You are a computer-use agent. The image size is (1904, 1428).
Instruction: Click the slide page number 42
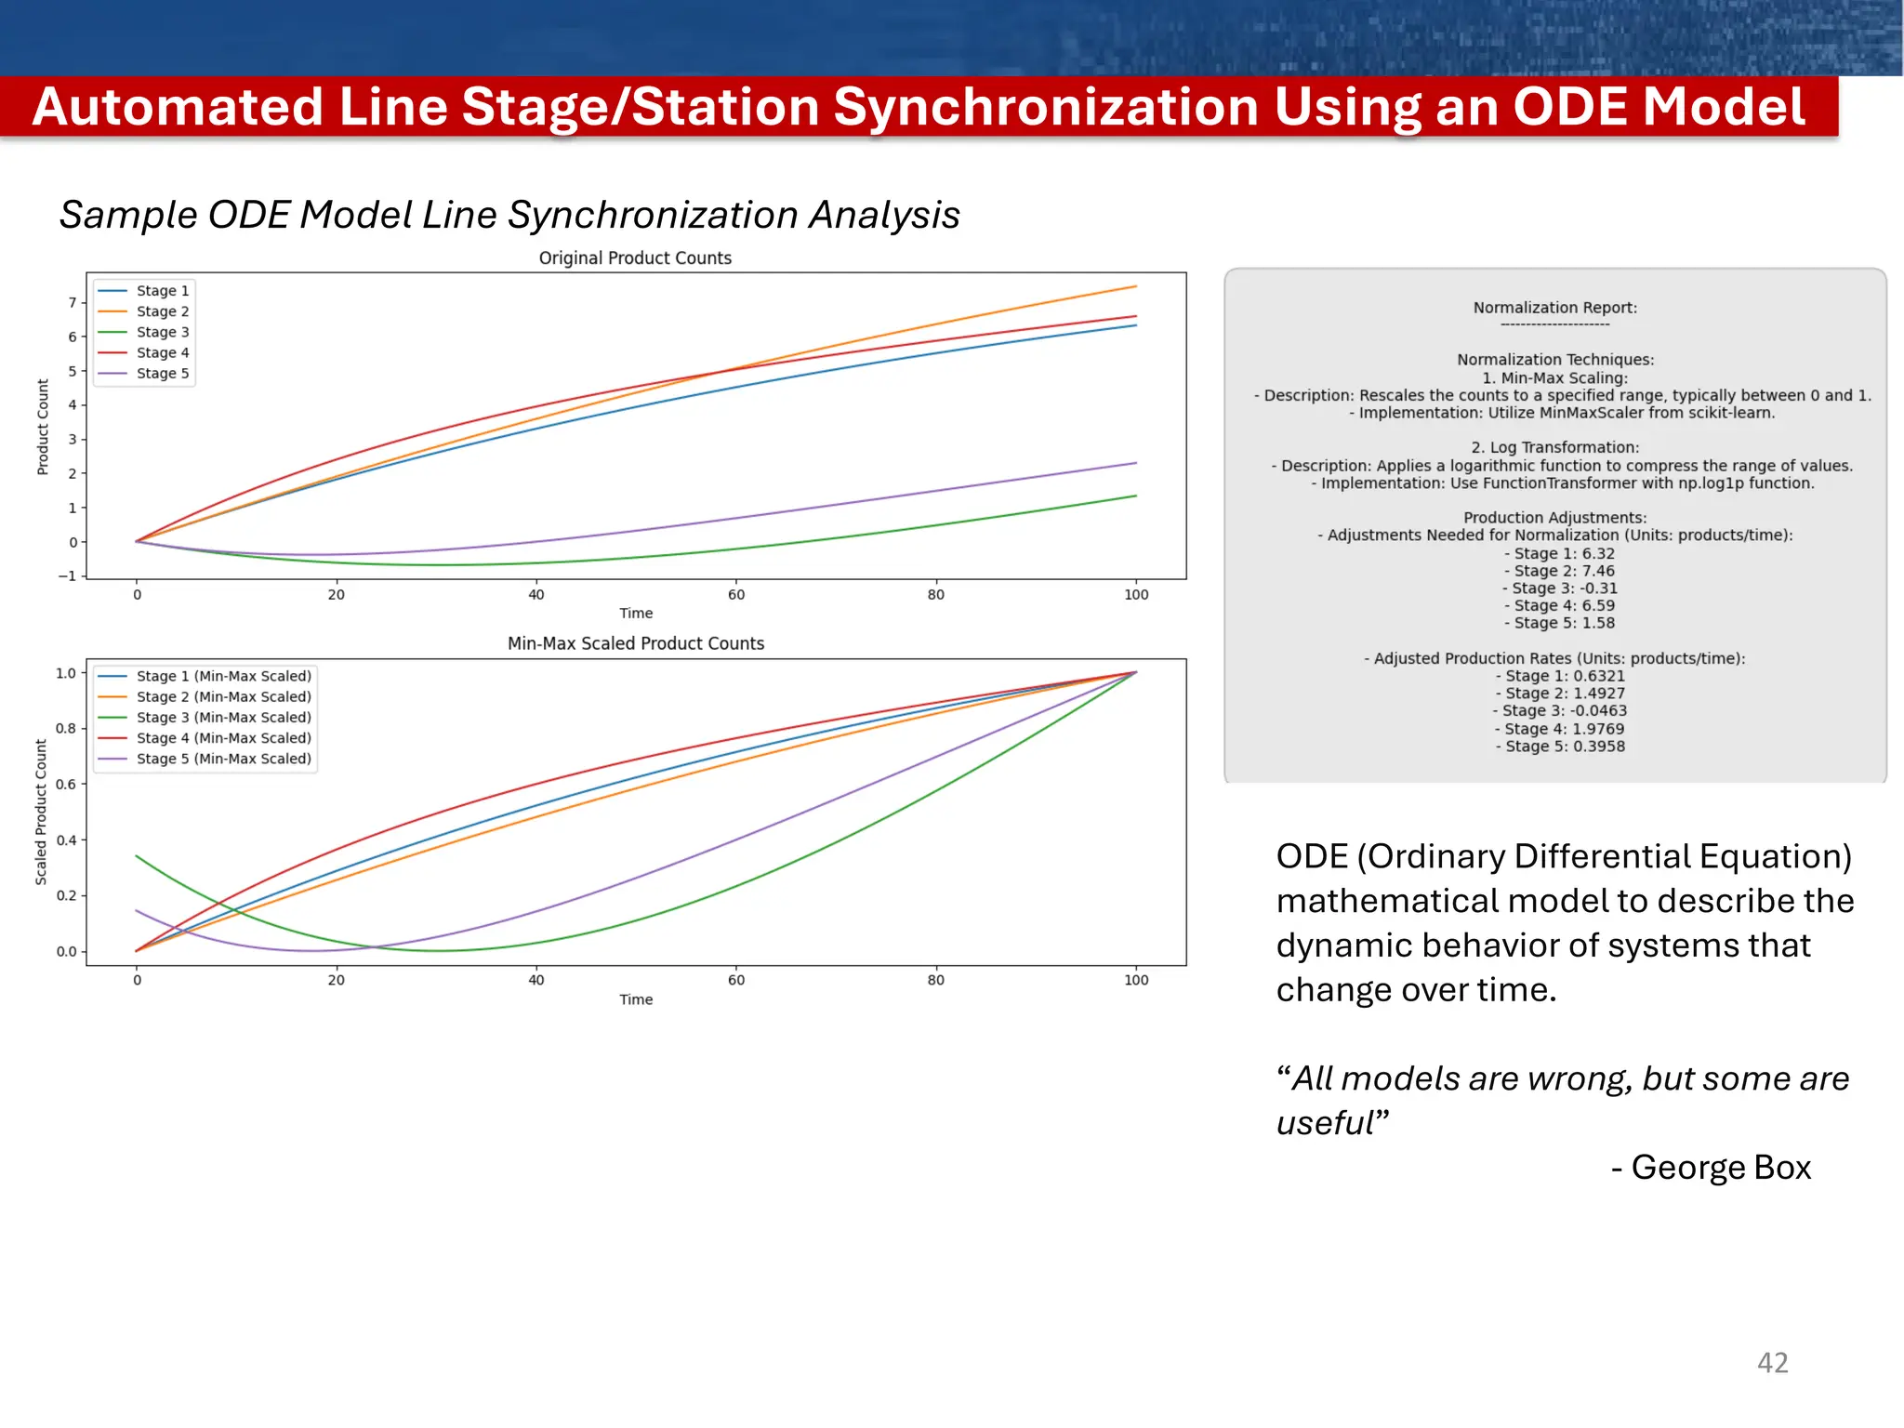coord(1772,1363)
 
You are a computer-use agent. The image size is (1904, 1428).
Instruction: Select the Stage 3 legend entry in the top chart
coord(162,332)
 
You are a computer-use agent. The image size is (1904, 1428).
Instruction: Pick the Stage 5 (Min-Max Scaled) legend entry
coord(223,759)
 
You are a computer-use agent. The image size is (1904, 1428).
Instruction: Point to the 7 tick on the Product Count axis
coord(73,302)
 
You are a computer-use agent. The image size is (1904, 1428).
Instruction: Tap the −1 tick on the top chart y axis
coord(67,576)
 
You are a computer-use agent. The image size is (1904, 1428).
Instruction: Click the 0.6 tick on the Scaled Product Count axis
coord(66,784)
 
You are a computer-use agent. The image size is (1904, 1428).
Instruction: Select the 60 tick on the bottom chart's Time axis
coord(736,980)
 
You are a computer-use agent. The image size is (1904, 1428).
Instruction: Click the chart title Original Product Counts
coord(635,258)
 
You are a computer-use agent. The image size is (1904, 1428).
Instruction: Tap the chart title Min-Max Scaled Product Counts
coord(636,643)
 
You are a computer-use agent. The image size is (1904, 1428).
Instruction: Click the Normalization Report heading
coord(1554,308)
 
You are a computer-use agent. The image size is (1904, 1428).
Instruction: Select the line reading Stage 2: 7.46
coord(1559,571)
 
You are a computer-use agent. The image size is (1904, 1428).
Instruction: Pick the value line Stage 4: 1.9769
coord(1559,729)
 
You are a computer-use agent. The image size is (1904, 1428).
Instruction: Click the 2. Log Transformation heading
coord(1554,447)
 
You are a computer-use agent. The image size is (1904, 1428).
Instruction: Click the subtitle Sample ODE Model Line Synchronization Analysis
coord(509,215)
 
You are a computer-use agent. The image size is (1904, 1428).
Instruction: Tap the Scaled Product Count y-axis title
coord(41,812)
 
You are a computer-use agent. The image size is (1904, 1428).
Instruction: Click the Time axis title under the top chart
coord(636,614)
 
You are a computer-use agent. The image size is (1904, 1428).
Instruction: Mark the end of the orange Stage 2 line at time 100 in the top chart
coord(1135,286)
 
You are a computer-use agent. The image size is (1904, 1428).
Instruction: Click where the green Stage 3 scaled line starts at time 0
coord(138,855)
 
